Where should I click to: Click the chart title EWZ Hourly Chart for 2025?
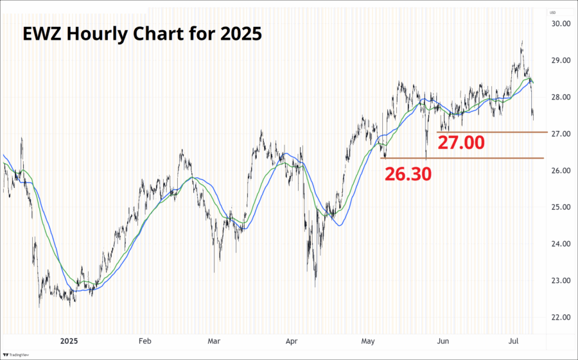pyautogui.click(x=142, y=33)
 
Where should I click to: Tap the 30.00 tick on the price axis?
pyautogui.click(x=561, y=24)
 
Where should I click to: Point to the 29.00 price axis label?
pyautogui.click(x=561, y=60)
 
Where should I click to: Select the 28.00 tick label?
pyautogui.click(x=561, y=98)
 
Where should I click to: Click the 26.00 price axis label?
pyautogui.click(x=561, y=171)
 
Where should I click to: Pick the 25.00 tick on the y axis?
pyautogui.click(x=561, y=207)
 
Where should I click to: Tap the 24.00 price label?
pyautogui.click(x=561, y=244)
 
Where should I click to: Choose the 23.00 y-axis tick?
pyautogui.click(x=561, y=280)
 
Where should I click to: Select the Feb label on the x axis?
pyautogui.click(x=144, y=341)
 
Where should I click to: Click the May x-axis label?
pyautogui.click(x=367, y=341)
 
